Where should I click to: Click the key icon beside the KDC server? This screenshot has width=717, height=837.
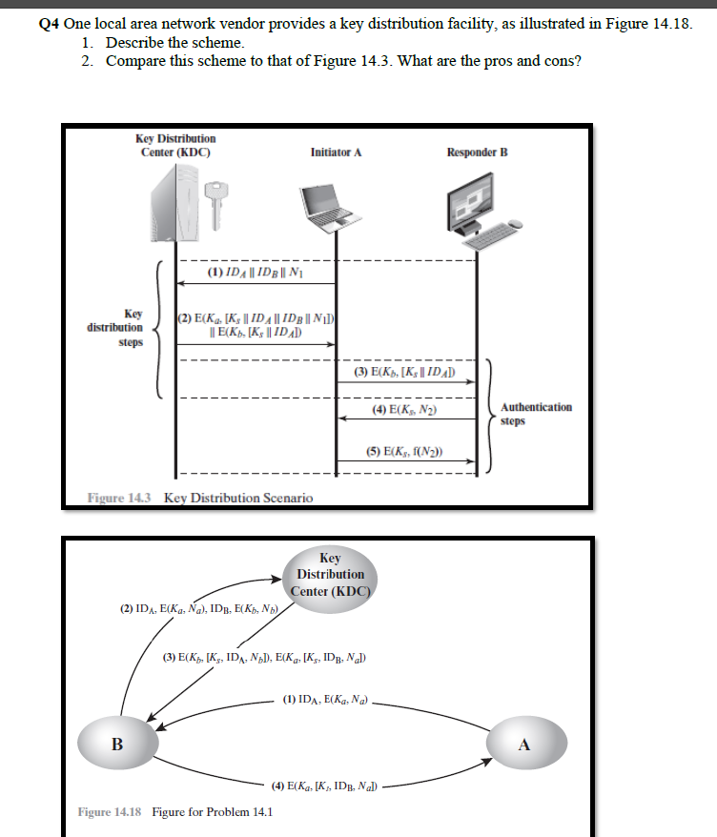click(x=216, y=202)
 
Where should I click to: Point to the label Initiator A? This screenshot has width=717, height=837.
click(x=336, y=152)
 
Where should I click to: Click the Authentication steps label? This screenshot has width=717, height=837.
click(x=537, y=414)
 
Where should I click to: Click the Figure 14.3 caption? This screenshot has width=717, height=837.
click(x=199, y=498)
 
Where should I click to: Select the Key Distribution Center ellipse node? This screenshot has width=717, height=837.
click(x=330, y=574)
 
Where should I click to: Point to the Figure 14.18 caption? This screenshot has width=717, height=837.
click(x=174, y=811)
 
